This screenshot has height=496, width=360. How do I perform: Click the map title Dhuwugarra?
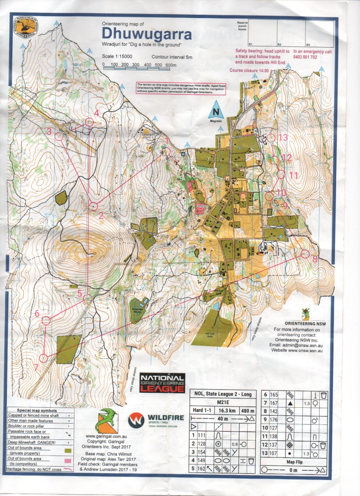(147, 34)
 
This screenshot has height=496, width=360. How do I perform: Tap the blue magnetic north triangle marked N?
(216, 110)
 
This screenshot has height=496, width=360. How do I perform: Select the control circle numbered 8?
(305, 254)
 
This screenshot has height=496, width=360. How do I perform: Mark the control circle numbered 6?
(46, 320)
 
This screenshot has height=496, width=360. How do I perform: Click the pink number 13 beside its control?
(283, 137)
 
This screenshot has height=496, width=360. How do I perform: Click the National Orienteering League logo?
(162, 383)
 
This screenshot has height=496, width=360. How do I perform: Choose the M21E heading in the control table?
(223, 402)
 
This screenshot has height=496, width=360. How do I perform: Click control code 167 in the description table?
(274, 403)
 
